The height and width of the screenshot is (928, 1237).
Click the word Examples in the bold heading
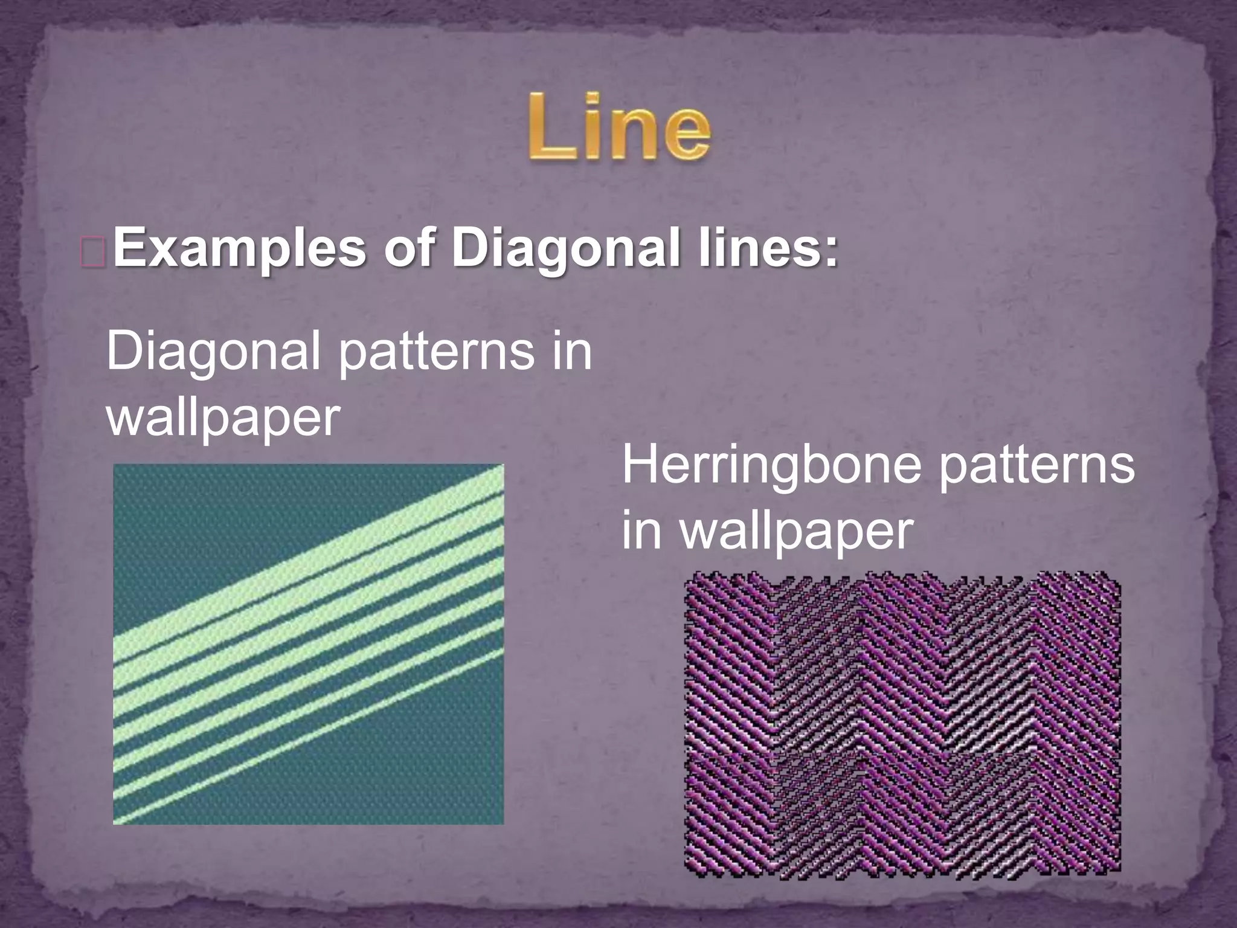[x=239, y=249]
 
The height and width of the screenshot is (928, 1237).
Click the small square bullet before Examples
[x=93, y=251]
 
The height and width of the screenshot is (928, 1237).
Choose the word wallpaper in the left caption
[x=223, y=419]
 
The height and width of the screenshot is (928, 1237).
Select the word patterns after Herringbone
[x=1035, y=466]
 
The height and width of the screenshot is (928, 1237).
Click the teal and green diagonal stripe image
[x=308, y=643]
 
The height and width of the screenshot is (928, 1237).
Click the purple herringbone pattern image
[x=902, y=725]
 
